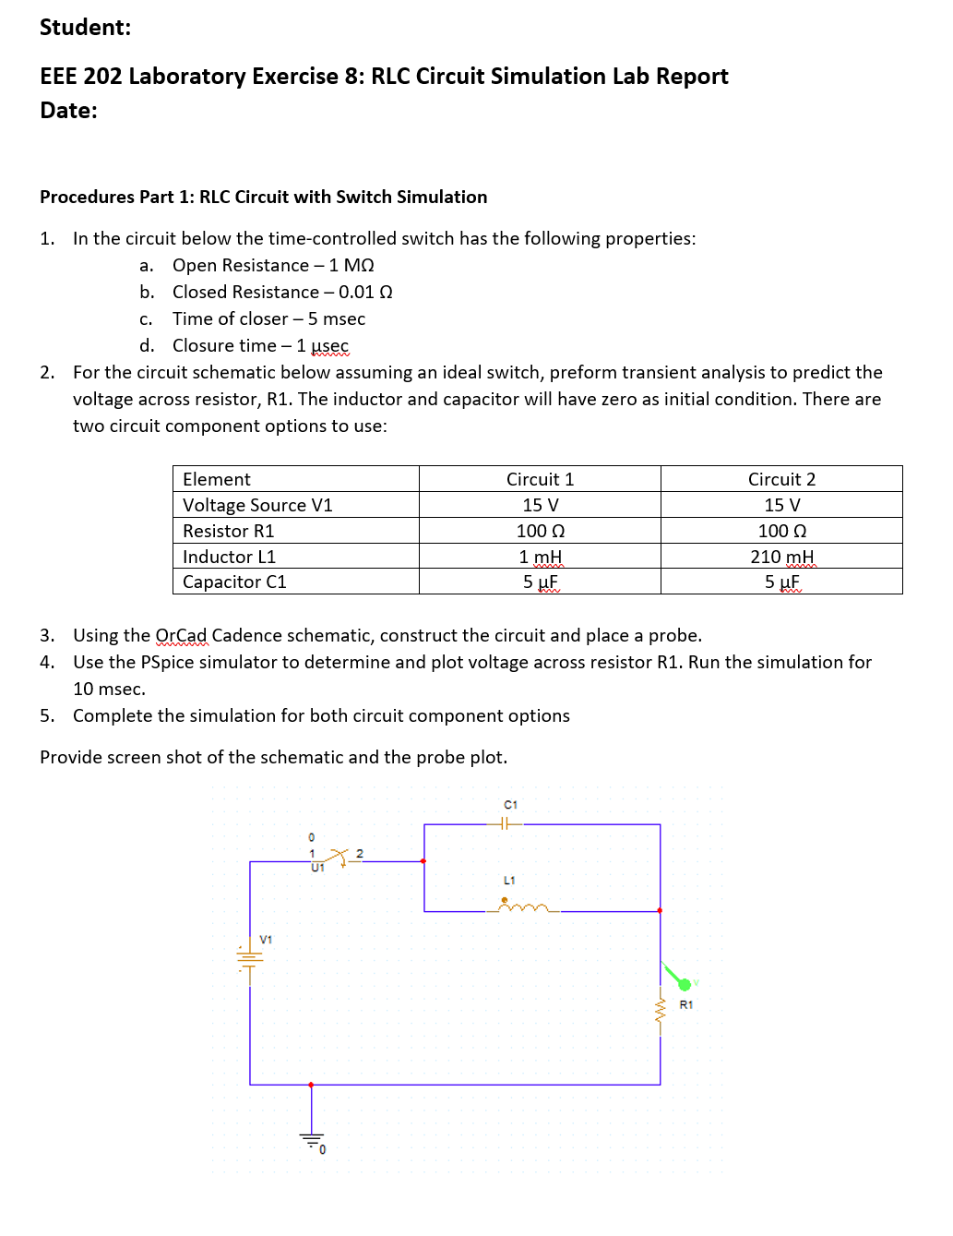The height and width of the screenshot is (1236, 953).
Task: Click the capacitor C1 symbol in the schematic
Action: tap(504, 823)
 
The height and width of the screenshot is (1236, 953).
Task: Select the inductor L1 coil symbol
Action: tap(523, 908)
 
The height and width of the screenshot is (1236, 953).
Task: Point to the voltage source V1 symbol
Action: tap(249, 958)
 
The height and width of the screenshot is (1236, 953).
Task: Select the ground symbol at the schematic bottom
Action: tap(312, 1138)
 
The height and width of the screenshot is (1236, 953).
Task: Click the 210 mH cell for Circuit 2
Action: tap(781, 557)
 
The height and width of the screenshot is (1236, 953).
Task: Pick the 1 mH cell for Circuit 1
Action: tap(540, 557)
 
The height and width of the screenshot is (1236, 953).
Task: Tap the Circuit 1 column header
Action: tap(540, 479)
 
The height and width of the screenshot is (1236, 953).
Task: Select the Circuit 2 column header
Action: tap(781, 479)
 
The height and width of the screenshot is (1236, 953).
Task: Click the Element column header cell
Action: tap(217, 479)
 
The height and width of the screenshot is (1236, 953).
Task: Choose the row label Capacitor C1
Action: tap(234, 582)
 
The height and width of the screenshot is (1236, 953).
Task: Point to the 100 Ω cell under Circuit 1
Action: tap(540, 531)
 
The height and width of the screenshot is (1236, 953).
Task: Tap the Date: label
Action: tap(68, 111)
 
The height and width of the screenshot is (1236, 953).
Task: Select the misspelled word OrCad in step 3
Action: tap(182, 635)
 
